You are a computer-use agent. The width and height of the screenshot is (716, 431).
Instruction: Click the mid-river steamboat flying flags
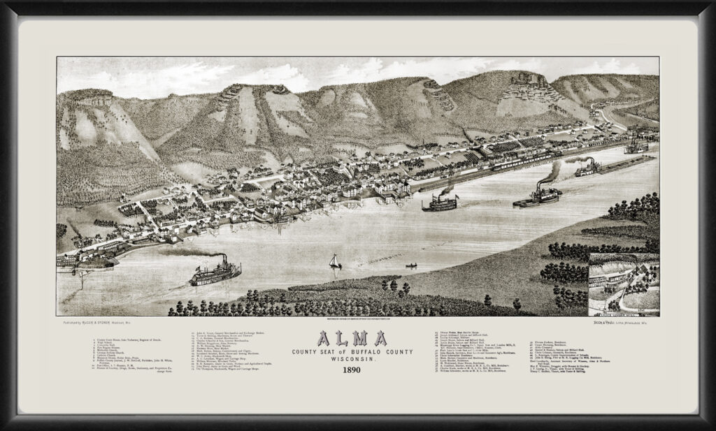441,203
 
